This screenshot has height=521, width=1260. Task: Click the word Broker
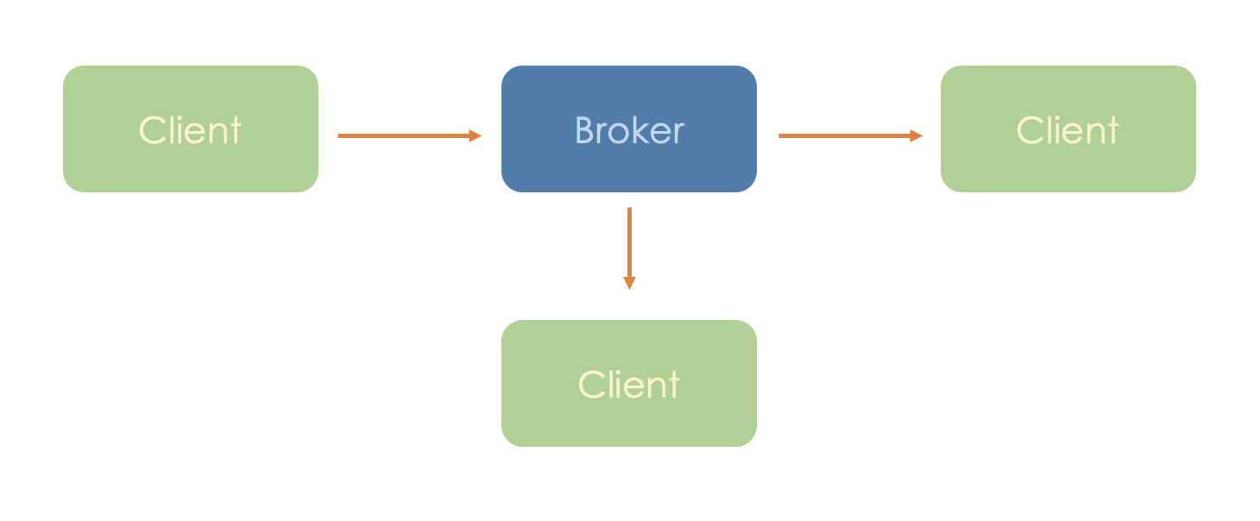pos(629,130)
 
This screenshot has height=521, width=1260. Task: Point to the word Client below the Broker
pos(629,385)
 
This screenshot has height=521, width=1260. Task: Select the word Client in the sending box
pos(190,130)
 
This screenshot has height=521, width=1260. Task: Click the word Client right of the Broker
pos(1068,130)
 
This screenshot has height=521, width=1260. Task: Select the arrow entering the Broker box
pos(406,135)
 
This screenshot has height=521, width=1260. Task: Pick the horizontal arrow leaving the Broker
pos(846,135)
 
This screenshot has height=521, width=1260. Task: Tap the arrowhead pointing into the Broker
pos(476,135)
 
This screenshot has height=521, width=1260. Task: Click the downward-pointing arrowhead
pos(629,283)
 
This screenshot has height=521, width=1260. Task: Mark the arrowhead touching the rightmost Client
pos(917,135)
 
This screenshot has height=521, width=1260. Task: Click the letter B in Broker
pos(584,130)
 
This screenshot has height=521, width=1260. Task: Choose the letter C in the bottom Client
pos(590,385)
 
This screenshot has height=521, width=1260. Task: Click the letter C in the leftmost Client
pos(152,130)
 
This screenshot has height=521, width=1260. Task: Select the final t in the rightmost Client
pos(1113,131)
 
